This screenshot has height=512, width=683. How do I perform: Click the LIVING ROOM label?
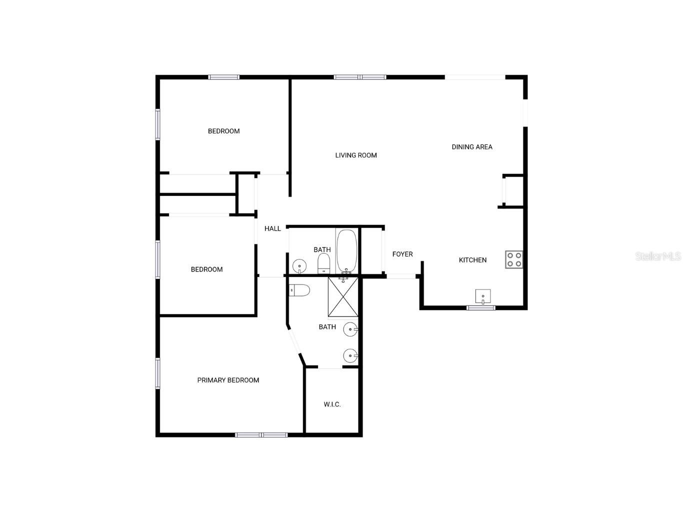(356, 155)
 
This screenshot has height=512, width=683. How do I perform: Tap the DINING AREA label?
(472, 147)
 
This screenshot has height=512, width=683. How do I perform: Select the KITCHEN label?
(472, 260)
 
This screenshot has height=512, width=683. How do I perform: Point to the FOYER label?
(402, 254)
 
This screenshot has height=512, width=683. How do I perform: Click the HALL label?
(272, 228)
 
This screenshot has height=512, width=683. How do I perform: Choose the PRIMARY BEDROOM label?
(228, 380)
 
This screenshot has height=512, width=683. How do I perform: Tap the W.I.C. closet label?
(332, 404)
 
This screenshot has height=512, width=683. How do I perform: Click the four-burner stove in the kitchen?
(513, 259)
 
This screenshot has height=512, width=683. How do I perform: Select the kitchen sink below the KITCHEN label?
(482, 296)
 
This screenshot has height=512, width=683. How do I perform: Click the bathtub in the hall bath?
(346, 251)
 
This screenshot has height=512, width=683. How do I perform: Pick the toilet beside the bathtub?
(324, 263)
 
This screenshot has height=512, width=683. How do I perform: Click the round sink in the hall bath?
(299, 265)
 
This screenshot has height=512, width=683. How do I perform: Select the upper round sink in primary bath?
(350, 329)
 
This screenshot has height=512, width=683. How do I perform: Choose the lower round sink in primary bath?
(350, 356)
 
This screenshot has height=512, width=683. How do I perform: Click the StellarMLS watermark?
(657, 256)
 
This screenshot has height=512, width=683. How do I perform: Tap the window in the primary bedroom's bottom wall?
(261, 435)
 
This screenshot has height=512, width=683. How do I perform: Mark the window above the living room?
(360, 77)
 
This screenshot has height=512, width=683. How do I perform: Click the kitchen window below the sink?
(481, 307)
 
